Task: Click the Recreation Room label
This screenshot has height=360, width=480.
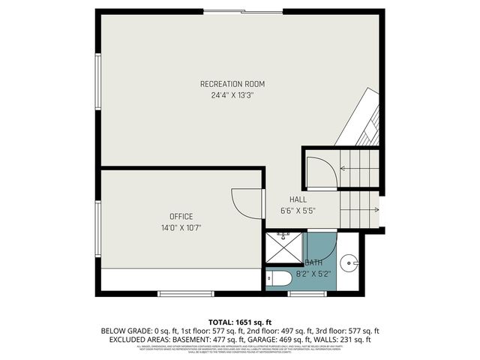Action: tap(232, 83)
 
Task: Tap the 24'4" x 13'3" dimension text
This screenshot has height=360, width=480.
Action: tap(232, 95)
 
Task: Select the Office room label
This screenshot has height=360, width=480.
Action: tap(181, 216)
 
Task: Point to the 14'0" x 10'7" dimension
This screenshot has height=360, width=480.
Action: tap(181, 227)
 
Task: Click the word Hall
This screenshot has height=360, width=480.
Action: tap(298, 199)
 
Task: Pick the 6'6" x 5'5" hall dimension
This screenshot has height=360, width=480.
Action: tap(298, 211)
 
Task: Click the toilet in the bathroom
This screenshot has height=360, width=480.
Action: tap(279, 280)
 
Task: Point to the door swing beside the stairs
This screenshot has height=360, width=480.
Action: tap(319, 172)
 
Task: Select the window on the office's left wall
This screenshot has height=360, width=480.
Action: tap(97, 229)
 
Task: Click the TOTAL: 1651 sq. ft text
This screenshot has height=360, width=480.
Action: tap(239, 320)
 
